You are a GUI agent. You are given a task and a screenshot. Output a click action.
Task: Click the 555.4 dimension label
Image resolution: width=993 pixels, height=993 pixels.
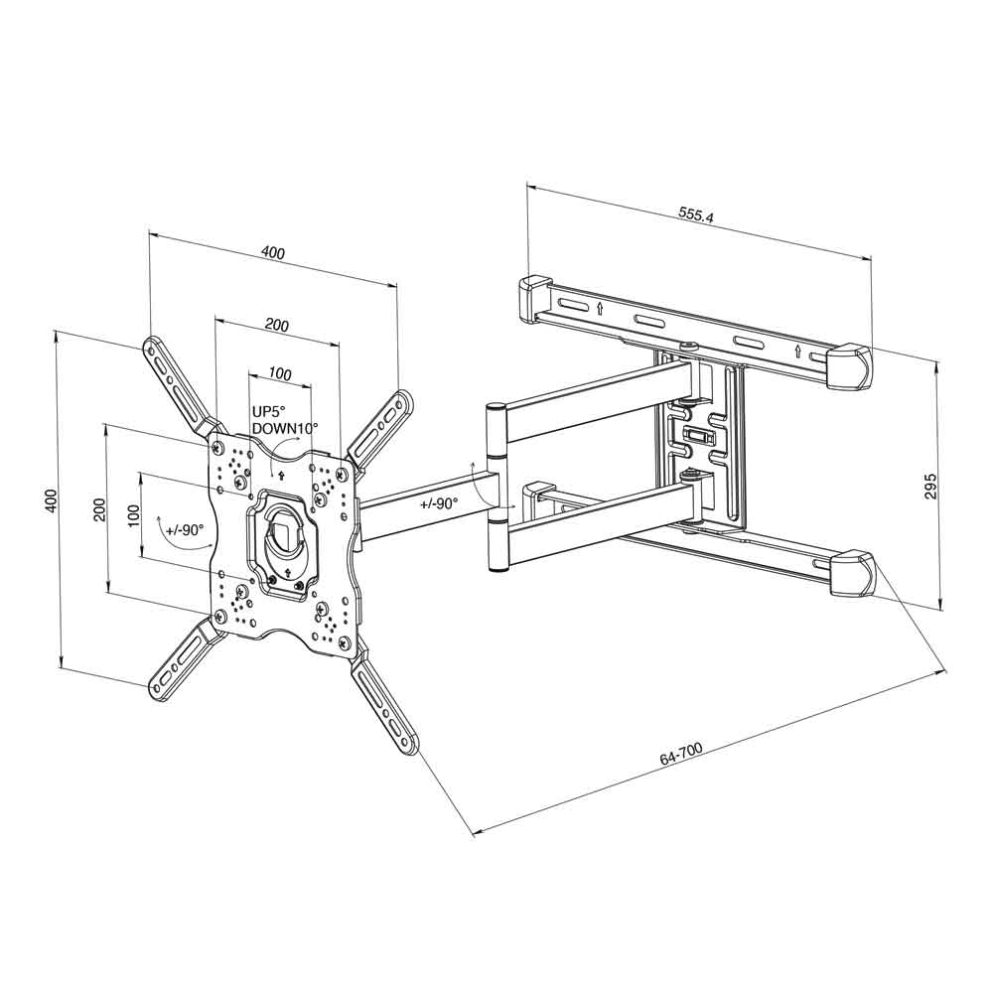[x=696, y=214]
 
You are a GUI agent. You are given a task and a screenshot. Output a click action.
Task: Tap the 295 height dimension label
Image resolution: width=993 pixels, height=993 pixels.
[x=929, y=487]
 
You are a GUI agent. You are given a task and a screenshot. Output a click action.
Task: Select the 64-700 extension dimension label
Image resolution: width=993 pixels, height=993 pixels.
[x=681, y=754]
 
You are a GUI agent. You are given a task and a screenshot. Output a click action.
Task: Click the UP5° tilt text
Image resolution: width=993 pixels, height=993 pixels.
[x=270, y=411]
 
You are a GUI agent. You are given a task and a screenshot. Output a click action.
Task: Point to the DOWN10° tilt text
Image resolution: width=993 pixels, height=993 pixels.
[x=285, y=427]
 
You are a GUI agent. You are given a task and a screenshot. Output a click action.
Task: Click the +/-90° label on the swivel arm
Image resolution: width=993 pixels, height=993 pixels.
[x=438, y=504]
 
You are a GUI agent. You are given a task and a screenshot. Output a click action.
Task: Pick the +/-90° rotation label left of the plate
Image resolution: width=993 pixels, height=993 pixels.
[x=185, y=530]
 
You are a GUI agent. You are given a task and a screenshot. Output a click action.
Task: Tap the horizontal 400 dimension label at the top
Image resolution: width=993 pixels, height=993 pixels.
[x=273, y=252]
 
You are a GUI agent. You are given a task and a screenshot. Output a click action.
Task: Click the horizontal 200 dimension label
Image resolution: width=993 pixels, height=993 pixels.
[x=277, y=326]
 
